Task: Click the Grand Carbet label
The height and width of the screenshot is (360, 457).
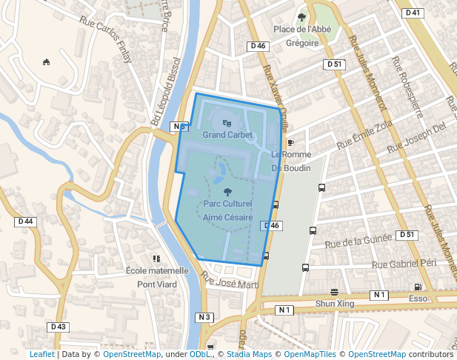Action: pyautogui.click(x=227, y=136)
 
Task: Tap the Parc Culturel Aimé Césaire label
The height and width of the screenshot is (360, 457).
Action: pyautogui.click(x=227, y=210)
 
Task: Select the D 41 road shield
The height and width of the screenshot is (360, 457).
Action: pyautogui.click(x=412, y=13)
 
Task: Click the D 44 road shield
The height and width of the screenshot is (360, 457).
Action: pyautogui.click(x=25, y=221)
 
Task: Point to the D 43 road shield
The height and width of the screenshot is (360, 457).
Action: pyautogui.click(x=59, y=327)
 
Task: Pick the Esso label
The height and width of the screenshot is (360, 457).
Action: pyautogui.click(x=418, y=299)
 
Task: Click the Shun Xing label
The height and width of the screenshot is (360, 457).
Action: pyautogui.click(x=335, y=304)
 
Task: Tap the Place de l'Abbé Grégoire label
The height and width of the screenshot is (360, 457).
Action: pyautogui.click(x=301, y=36)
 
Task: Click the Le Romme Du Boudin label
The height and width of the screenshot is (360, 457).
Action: pyautogui.click(x=290, y=161)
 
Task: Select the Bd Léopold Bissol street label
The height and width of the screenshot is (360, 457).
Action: pyautogui.click(x=165, y=91)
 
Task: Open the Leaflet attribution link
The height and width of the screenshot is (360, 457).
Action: pyautogui.click(x=41, y=355)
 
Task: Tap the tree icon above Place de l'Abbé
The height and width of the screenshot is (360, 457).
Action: pyautogui.click(x=301, y=17)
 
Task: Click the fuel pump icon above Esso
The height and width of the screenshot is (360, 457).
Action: pyautogui.click(x=418, y=287)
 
